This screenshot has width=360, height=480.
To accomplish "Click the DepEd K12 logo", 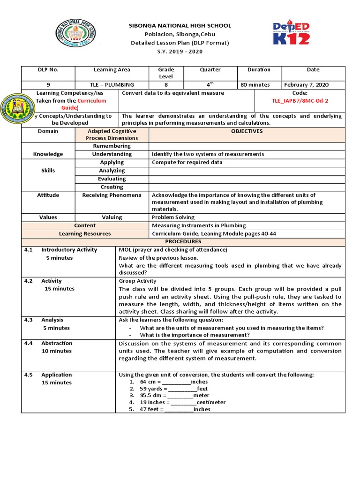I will (x=291, y=33).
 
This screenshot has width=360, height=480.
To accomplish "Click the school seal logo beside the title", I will (x=76, y=34).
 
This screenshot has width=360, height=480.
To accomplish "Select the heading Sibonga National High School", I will (x=180, y=26).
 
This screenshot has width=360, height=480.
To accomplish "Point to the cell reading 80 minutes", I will (x=255, y=85).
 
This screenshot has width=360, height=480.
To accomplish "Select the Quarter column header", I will (x=210, y=70).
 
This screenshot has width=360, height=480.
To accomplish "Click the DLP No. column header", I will (x=48, y=70).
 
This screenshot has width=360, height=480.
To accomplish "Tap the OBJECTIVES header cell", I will (x=247, y=131).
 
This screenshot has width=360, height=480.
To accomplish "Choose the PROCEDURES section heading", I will (x=183, y=241).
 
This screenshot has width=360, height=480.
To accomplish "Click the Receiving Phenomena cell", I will (x=112, y=195).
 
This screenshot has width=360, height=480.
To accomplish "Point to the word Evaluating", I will (x=112, y=179).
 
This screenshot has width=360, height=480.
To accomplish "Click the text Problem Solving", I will (x=173, y=217).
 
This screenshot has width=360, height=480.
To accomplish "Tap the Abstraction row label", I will (x=56, y=343).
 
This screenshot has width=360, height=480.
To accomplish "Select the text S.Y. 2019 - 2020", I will (x=180, y=51).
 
